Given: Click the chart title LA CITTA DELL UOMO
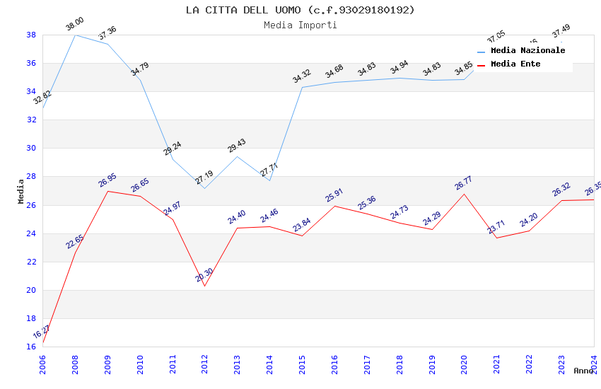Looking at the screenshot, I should tap(300, 10).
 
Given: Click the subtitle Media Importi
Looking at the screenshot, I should tap(300, 25).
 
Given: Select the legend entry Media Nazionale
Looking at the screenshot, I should tap(527, 51).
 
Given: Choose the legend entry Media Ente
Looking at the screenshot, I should tap(515, 64).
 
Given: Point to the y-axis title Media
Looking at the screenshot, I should tap(21, 191).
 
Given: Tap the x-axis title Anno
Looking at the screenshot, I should tap(583, 371).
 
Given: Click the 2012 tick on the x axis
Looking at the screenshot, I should tap(205, 361).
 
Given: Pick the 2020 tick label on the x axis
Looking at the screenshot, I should tap(464, 361).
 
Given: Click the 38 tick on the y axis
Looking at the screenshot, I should tap(32, 35).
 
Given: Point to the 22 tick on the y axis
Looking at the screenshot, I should tap(32, 262).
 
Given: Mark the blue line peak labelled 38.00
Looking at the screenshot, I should tap(76, 35).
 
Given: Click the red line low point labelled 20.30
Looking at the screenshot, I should tap(205, 286).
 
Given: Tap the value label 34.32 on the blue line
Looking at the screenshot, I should tap(302, 76).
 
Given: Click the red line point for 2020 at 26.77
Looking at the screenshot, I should tap(464, 194).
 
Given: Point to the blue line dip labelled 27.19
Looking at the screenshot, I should tap(205, 188).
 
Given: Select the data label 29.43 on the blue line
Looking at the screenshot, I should tap(237, 146).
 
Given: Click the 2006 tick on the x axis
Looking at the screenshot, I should tap(43, 361).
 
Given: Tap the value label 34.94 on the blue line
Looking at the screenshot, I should tap(399, 67).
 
